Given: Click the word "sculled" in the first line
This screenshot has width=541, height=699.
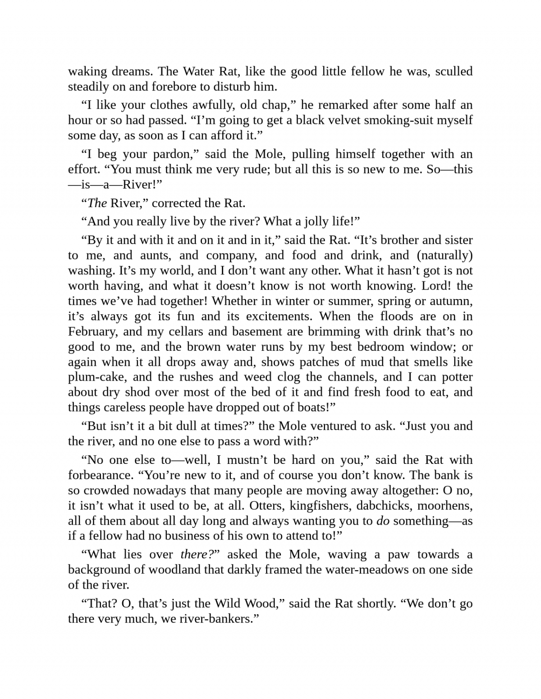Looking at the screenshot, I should [x=454, y=71].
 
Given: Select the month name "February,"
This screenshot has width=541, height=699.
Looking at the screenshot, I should [x=93, y=331].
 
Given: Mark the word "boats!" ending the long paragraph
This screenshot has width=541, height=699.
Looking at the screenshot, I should [x=318, y=407].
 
